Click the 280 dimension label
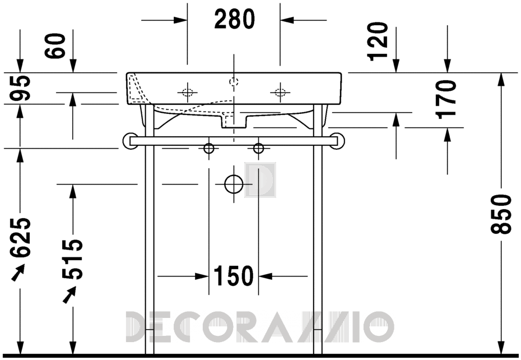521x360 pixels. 235,19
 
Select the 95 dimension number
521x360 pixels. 20,88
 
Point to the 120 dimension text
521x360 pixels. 379,41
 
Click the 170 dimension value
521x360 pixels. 446,99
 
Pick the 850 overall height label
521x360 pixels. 501,215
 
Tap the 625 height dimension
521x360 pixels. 20,238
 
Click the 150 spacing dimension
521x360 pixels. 233,276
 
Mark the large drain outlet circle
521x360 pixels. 234,184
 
